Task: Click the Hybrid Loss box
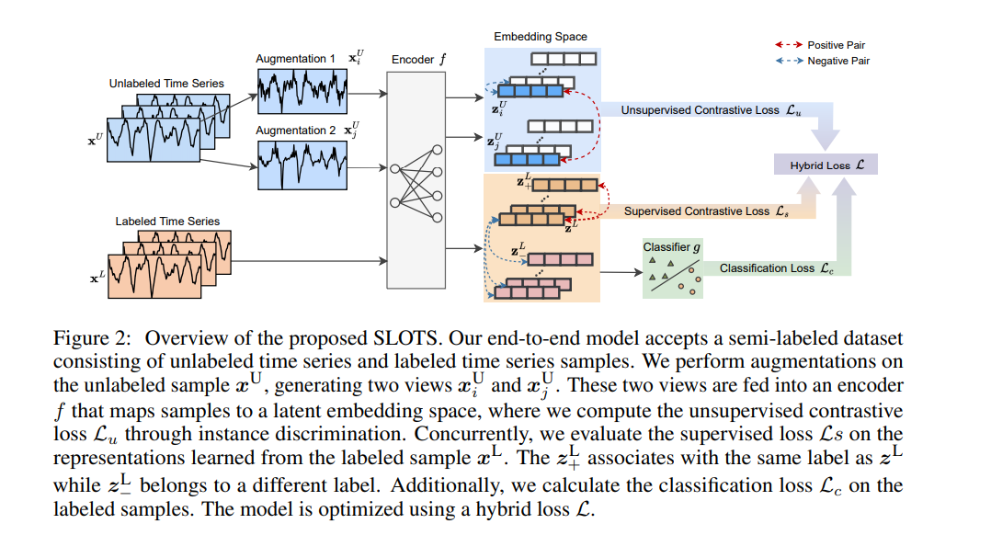[x=826, y=165]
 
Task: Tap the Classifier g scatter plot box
[x=673, y=269]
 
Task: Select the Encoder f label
[x=418, y=60]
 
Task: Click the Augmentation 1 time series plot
[x=302, y=91]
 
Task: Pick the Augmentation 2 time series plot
[x=302, y=165]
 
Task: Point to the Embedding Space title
[x=541, y=37]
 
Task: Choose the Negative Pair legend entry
[x=822, y=61]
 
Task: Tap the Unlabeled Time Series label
[x=166, y=84]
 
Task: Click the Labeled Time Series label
[x=167, y=221]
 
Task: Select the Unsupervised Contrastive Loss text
[x=711, y=110]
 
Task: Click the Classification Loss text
[x=776, y=267]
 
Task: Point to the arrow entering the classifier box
[x=621, y=272]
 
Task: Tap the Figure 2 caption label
[x=92, y=338]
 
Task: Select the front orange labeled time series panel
[x=154, y=276]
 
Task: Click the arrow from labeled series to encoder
[x=309, y=261]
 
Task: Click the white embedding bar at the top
[x=564, y=59]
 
